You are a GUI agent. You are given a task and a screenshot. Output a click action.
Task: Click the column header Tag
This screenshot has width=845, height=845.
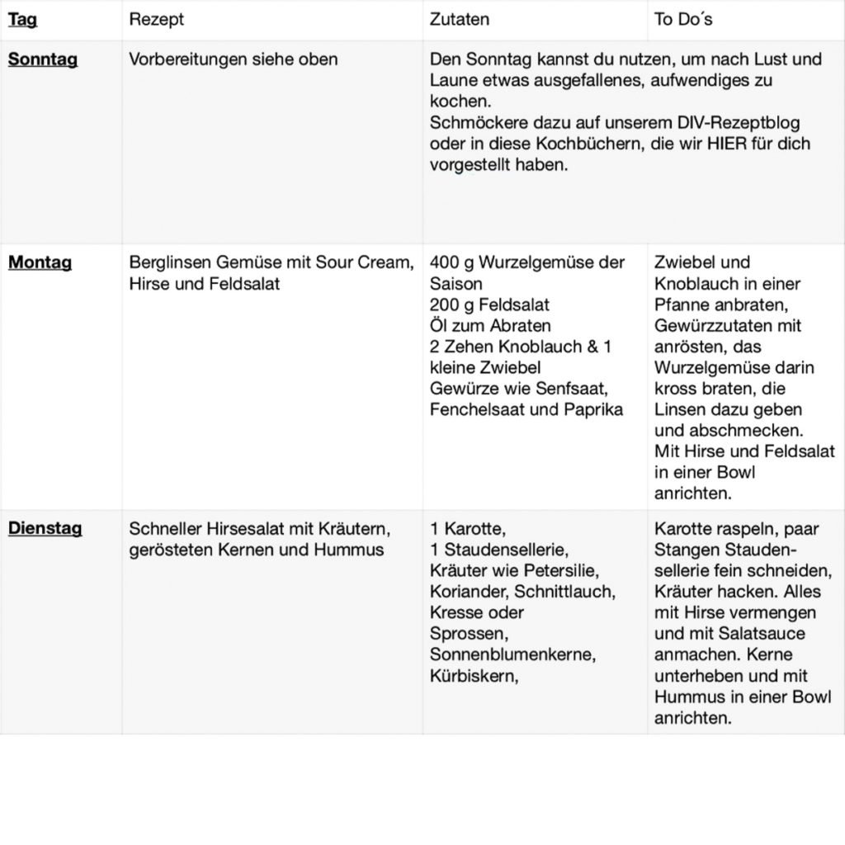tap(22, 19)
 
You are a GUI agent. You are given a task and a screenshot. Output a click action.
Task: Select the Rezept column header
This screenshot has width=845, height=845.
tap(156, 19)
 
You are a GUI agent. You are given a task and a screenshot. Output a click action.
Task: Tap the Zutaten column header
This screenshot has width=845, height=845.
tap(459, 19)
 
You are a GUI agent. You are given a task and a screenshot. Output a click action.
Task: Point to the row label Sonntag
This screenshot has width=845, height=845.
tap(43, 59)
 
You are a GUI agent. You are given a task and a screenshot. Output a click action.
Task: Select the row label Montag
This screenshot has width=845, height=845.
tap(40, 262)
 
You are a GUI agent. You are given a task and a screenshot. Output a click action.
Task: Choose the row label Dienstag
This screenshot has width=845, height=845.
tap(45, 528)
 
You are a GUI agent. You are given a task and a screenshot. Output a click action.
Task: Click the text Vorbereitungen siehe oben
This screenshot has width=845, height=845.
tap(234, 59)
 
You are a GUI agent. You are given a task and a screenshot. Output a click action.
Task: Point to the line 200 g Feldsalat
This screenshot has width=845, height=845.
tap(489, 304)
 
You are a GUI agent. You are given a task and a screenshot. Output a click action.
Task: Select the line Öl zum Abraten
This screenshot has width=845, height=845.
tap(490, 325)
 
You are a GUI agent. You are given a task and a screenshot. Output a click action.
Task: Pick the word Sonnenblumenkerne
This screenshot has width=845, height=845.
tap(512, 654)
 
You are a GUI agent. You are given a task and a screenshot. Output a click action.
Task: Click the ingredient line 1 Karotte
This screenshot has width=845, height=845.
tap(467, 528)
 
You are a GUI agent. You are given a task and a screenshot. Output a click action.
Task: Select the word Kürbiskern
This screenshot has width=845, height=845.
tap(473, 675)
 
